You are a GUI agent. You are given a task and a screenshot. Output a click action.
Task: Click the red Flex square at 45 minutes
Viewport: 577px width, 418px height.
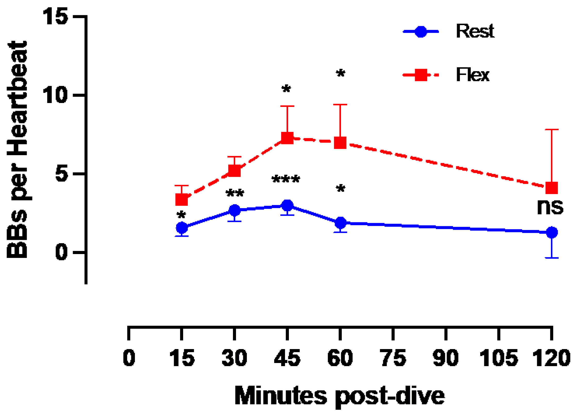point(287,138)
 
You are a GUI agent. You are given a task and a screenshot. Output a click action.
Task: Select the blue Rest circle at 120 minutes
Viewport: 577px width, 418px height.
point(552,233)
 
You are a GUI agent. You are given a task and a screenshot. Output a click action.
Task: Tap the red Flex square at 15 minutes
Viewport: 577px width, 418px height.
point(182,200)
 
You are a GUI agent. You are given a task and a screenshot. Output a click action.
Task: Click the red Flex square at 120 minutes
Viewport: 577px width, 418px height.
point(552,188)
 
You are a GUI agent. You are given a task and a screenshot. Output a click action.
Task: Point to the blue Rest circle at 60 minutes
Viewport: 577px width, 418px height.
point(340,222)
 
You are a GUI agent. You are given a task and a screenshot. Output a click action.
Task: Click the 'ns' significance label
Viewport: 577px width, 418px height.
point(550,207)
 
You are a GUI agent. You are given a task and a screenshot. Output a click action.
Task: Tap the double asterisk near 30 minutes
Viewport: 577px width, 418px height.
point(235,193)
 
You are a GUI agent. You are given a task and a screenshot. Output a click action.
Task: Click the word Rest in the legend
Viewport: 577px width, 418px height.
point(475,31)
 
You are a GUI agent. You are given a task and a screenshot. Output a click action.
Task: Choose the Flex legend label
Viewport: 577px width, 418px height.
point(472,75)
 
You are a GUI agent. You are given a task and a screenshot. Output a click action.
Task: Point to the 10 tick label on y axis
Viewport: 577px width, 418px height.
point(55,95)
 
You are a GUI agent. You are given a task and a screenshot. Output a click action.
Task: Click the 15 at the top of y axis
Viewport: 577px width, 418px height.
point(55,16)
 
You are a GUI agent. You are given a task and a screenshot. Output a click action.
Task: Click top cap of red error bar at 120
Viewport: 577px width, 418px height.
point(552,130)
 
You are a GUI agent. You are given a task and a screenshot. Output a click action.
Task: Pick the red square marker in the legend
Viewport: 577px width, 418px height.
point(421,75)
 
